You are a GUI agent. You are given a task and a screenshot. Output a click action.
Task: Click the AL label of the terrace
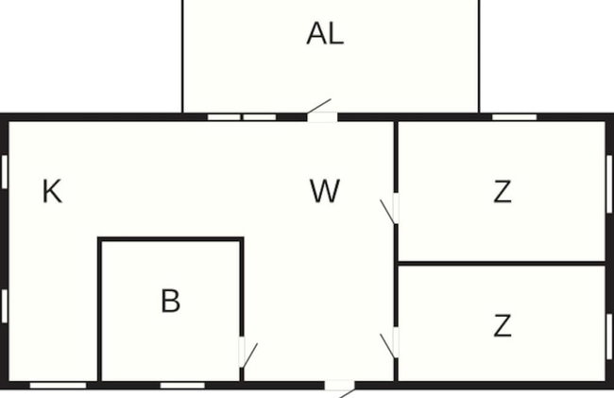325,34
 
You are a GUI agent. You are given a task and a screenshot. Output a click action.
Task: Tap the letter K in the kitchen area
52,191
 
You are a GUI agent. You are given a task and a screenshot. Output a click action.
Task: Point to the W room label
325,191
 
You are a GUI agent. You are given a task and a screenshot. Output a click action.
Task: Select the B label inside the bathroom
171,301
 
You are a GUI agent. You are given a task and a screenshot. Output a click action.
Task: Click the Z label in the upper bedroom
503,192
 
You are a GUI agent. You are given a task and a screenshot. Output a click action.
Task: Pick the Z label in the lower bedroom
503,325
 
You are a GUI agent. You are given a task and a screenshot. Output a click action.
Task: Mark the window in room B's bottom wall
182,386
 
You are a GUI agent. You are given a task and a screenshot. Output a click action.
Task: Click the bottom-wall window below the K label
58,386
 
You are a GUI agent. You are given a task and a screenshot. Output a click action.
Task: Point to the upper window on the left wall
5,171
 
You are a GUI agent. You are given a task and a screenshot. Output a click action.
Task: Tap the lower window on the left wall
5,306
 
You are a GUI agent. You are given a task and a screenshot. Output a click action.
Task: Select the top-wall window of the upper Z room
514,117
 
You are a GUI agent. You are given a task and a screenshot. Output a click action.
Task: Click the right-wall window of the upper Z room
609,184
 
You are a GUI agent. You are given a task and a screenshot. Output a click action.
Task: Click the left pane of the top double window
224,117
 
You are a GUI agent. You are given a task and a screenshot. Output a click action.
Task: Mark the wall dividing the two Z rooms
502,263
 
